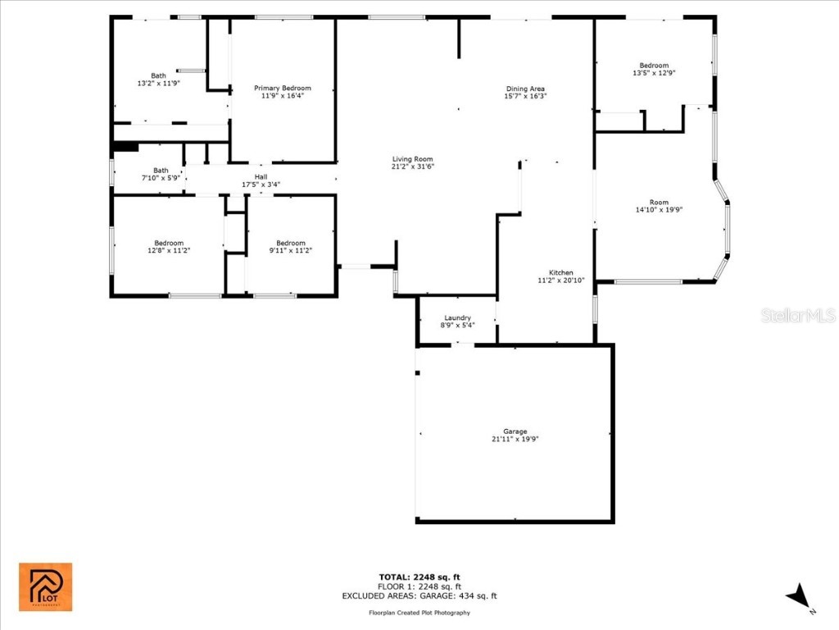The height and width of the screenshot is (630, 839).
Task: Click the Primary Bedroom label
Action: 283,88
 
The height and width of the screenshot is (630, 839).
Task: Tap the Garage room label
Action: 515,431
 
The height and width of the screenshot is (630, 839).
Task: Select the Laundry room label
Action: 457,317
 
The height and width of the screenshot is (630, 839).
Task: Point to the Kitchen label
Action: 561,272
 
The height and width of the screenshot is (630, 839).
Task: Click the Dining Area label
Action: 525,89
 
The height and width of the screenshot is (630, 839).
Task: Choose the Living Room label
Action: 412,159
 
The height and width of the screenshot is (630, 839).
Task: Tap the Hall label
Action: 261,176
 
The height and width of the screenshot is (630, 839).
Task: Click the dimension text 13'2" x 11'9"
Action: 158,83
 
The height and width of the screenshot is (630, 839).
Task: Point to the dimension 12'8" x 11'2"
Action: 169,250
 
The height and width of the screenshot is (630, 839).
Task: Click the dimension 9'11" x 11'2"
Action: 291,250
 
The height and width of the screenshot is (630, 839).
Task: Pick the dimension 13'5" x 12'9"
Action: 654,73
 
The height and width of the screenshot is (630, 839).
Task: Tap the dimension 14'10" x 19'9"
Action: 659,209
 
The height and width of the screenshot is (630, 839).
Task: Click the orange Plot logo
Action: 46,587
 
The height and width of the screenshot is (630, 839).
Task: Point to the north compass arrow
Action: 799,596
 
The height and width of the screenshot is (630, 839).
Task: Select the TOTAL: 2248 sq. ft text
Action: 419,577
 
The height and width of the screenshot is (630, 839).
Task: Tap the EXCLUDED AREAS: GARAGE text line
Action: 419,596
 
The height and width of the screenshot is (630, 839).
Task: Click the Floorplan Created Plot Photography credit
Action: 419,613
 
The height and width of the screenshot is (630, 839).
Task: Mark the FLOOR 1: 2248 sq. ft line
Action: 419,587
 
